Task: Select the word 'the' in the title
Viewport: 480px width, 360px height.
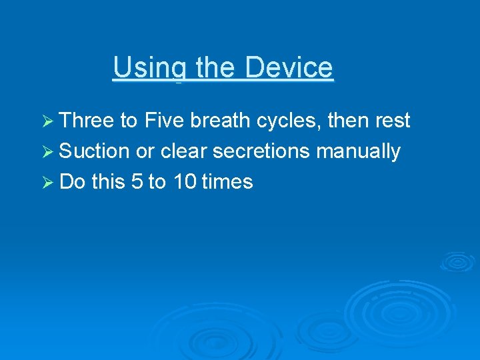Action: tap(216, 68)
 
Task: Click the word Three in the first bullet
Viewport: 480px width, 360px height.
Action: tap(86, 121)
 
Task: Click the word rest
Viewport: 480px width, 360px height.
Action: tap(393, 121)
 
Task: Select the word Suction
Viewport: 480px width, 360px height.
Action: tap(94, 151)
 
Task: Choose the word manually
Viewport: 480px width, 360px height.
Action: tap(359, 151)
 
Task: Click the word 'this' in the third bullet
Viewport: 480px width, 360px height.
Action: tap(108, 182)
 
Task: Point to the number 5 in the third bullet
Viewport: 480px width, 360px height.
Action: tap(137, 182)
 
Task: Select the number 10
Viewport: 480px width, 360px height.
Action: tap(184, 182)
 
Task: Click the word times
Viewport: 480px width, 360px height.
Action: tap(227, 182)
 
